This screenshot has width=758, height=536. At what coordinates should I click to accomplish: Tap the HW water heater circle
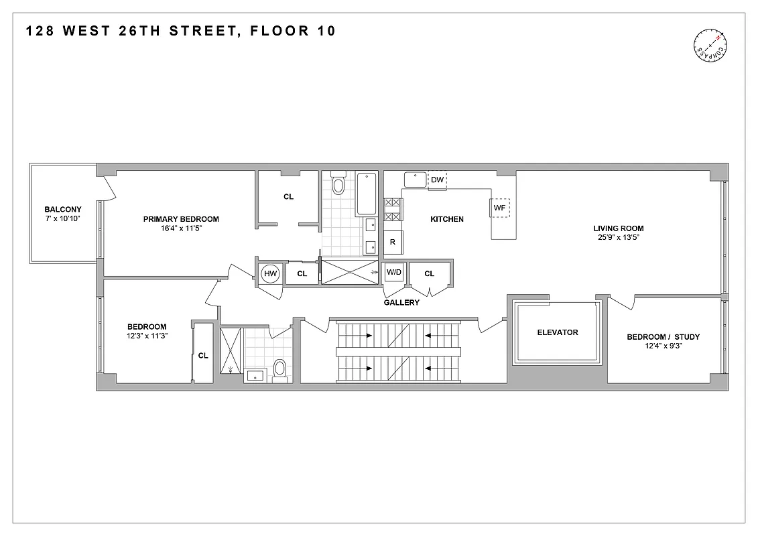[270, 273]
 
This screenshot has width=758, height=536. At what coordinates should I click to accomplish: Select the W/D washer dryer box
[393, 272]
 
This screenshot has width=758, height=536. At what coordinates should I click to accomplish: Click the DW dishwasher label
[437, 180]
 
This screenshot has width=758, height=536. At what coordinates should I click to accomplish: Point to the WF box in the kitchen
[499, 208]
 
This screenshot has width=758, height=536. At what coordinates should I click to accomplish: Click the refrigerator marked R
[393, 243]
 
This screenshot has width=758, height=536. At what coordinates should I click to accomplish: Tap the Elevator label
[557, 332]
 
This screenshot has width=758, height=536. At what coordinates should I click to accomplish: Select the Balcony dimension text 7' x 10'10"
[62, 219]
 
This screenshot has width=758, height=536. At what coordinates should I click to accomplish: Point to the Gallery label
[401, 303]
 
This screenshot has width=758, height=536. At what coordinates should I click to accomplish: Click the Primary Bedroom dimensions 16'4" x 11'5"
[181, 228]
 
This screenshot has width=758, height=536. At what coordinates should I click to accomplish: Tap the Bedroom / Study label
[663, 337]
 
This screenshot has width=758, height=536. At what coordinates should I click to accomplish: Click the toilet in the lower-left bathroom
[280, 368]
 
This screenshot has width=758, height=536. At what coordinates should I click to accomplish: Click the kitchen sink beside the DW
[416, 180]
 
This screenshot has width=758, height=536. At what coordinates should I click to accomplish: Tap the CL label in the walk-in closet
[288, 197]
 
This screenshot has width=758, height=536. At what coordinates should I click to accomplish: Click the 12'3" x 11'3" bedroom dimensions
[147, 336]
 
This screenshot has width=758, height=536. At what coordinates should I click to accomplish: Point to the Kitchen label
[446, 219]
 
